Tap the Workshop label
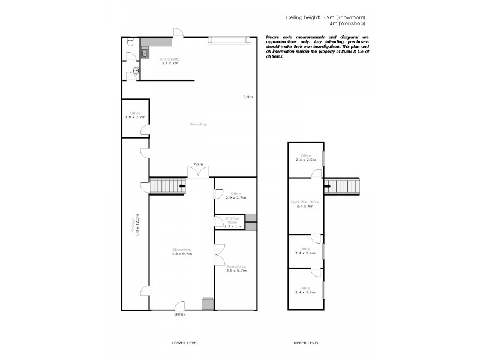tap(198, 124)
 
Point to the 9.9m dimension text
tap(248, 97)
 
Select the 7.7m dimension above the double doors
tap(197, 164)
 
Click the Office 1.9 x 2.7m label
tap(136, 115)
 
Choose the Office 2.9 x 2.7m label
tap(236, 195)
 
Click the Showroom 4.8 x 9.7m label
tap(181, 252)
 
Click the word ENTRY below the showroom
tap(180, 314)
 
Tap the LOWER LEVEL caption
tap(185, 343)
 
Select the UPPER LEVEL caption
tap(305, 343)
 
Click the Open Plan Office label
tap(305, 205)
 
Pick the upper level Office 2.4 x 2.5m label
tap(305, 158)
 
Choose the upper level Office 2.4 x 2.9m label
tap(305, 291)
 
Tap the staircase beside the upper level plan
tap(342, 186)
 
